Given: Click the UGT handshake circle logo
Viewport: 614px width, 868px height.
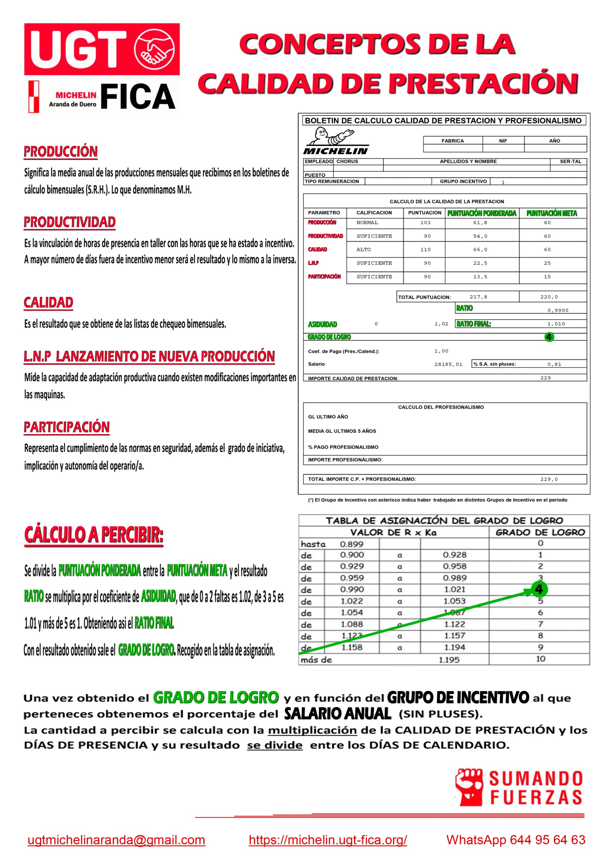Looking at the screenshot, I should click(155, 49).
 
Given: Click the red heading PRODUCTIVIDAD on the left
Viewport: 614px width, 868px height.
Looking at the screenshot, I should click(69, 222).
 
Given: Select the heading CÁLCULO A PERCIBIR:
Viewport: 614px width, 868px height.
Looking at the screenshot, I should click(94, 535).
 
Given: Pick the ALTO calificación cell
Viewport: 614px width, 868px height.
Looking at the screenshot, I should click(364, 249).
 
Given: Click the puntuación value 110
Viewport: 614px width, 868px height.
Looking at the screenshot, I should click(425, 249).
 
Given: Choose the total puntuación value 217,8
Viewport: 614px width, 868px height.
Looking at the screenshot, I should click(478, 297).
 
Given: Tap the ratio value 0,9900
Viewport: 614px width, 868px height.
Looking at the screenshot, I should click(558, 310).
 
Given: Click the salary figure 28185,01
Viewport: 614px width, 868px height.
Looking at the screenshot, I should click(448, 364).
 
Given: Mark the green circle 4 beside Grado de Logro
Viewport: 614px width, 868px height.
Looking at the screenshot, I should click(549, 337).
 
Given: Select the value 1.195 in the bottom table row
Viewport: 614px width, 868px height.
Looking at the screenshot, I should click(449, 660).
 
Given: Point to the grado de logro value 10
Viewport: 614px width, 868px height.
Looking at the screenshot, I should click(540, 659).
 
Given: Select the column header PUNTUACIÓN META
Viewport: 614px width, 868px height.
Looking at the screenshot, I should click(552, 213).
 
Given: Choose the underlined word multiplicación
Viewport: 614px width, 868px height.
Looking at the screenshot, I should click(312, 730).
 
